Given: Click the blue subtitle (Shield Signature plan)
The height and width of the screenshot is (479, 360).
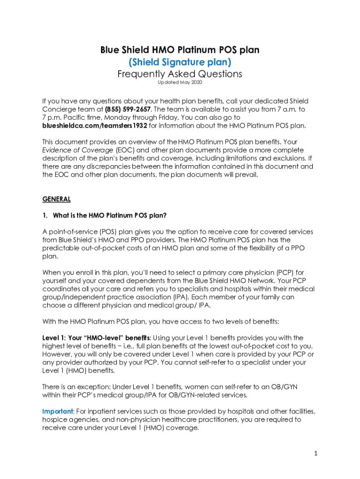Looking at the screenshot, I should click(x=180, y=62).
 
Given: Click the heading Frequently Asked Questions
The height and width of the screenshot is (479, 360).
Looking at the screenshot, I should click(x=180, y=74).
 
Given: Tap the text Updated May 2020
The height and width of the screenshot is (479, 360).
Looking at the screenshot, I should click(x=180, y=83).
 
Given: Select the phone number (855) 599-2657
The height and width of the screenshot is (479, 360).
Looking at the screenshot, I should click(x=122, y=109).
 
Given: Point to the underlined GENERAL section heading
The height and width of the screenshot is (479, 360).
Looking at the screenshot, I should click(x=57, y=199).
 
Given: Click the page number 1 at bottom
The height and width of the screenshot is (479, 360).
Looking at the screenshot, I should click(x=316, y=453).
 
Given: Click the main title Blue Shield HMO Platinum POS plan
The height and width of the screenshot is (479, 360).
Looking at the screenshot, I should click(x=180, y=50).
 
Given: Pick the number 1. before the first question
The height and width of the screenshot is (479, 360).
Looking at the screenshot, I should click(x=45, y=215).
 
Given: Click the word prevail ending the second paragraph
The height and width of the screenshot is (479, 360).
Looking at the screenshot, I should click(x=245, y=174).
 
